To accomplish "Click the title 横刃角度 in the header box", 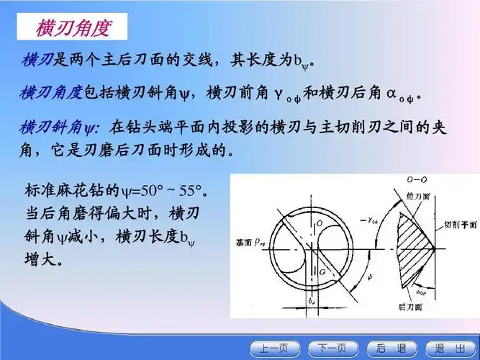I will pyautogui.click(x=73, y=28).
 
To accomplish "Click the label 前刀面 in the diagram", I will pyautogui.click(x=417, y=196).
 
